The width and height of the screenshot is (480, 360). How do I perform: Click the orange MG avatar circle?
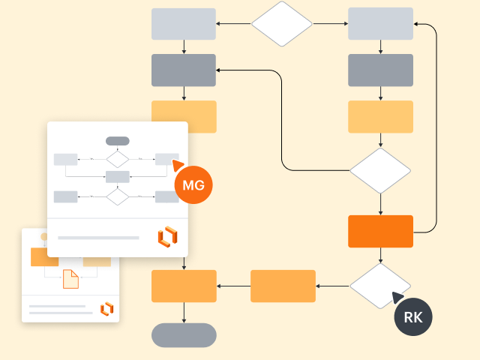click(x=193, y=184)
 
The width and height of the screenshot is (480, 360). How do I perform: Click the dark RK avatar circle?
click(x=413, y=316)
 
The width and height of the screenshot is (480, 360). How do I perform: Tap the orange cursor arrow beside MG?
click(x=178, y=164)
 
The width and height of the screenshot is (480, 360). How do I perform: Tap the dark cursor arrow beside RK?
click(x=397, y=298)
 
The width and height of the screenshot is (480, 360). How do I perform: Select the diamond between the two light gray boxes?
click(x=281, y=24)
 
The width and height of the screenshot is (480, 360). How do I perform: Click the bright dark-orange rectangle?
click(x=380, y=231)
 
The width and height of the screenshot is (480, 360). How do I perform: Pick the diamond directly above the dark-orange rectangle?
click(x=380, y=171)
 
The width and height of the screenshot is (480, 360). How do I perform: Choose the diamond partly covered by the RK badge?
click(x=379, y=285)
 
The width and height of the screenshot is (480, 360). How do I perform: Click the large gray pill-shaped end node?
click(x=184, y=335)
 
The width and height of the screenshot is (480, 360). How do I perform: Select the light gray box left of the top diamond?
click(x=184, y=24)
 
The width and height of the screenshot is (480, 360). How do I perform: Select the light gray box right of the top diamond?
click(x=380, y=24)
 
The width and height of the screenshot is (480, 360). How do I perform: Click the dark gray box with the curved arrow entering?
click(x=184, y=70)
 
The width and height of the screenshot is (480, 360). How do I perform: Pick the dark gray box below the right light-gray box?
click(x=380, y=70)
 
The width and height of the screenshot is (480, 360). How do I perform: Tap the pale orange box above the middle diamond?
click(x=380, y=116)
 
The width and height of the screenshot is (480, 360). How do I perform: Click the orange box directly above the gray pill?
click(x=184, y=286)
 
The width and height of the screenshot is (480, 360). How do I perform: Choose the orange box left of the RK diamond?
click(x=283, y=286)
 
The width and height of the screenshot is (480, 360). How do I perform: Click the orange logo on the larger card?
click(x=167, y=236)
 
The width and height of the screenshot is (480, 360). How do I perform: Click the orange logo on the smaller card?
click(x=106, y=308)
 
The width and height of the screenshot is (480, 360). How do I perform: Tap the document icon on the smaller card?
click(x=70, y=278)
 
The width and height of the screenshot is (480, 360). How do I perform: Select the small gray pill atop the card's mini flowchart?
click(x=118, y=141)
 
